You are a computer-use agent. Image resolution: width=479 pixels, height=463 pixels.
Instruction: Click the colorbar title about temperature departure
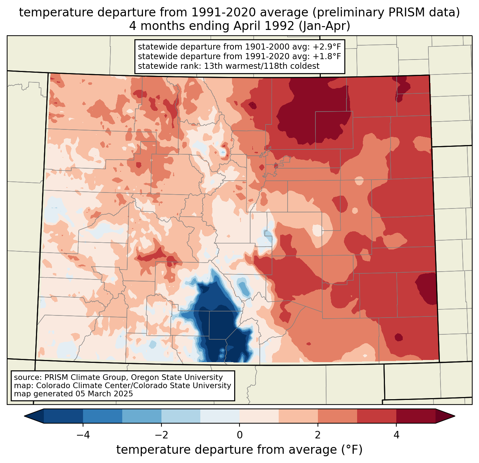[x=239, y=450]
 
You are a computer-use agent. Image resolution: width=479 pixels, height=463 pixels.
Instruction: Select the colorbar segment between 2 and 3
[x=338, y=416]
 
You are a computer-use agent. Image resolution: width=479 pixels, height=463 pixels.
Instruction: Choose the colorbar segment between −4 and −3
[x=103, y=416]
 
